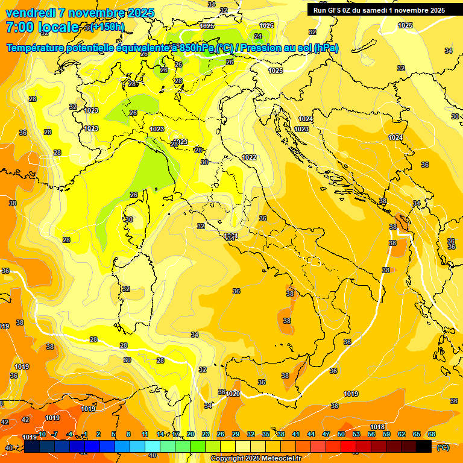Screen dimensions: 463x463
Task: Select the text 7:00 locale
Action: (x=42, y=27)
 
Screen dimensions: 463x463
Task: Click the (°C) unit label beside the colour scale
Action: (x=443, y=447)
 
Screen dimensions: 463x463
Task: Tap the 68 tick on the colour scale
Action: (x=432, y=434)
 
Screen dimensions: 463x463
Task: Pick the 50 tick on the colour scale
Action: (x=341, y=434)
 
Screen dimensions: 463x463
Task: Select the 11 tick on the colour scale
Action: (x=145, y=434)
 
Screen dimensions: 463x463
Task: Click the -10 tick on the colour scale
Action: (x=42, y=434)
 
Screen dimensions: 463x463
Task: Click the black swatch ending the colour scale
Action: (x=424, y=446)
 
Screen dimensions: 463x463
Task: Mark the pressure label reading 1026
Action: (x=266, y=25)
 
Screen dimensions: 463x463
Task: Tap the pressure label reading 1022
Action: (x=249, y=157)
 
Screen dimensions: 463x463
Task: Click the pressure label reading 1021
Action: (x=231, y=235)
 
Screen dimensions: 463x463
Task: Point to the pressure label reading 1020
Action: (x=233, y=394)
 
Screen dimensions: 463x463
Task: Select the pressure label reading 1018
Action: (x=377, y=427)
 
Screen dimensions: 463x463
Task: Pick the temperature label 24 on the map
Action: (x=258, y=36)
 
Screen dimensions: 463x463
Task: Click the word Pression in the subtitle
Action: (x=262, y=48)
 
